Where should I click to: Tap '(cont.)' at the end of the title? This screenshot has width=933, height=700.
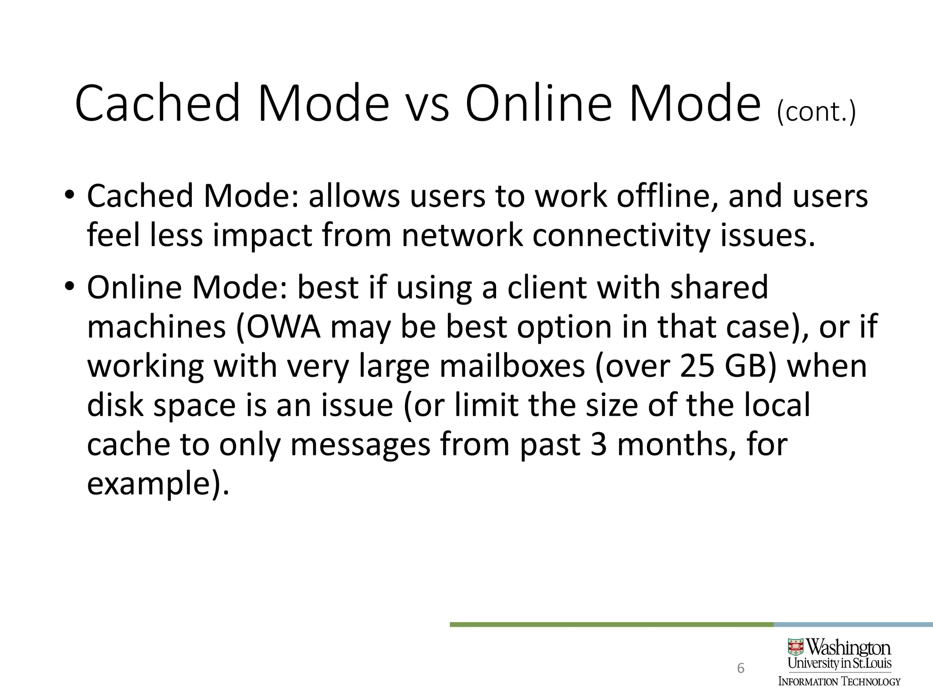(816, 111)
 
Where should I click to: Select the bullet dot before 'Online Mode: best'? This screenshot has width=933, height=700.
(69, 287)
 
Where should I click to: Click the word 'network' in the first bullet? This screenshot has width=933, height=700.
(462, 236)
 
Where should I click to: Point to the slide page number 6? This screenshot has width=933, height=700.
(741, 668)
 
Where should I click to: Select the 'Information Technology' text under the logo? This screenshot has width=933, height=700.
(839, 682)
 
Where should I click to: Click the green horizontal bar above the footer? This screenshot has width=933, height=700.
(610, 624)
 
